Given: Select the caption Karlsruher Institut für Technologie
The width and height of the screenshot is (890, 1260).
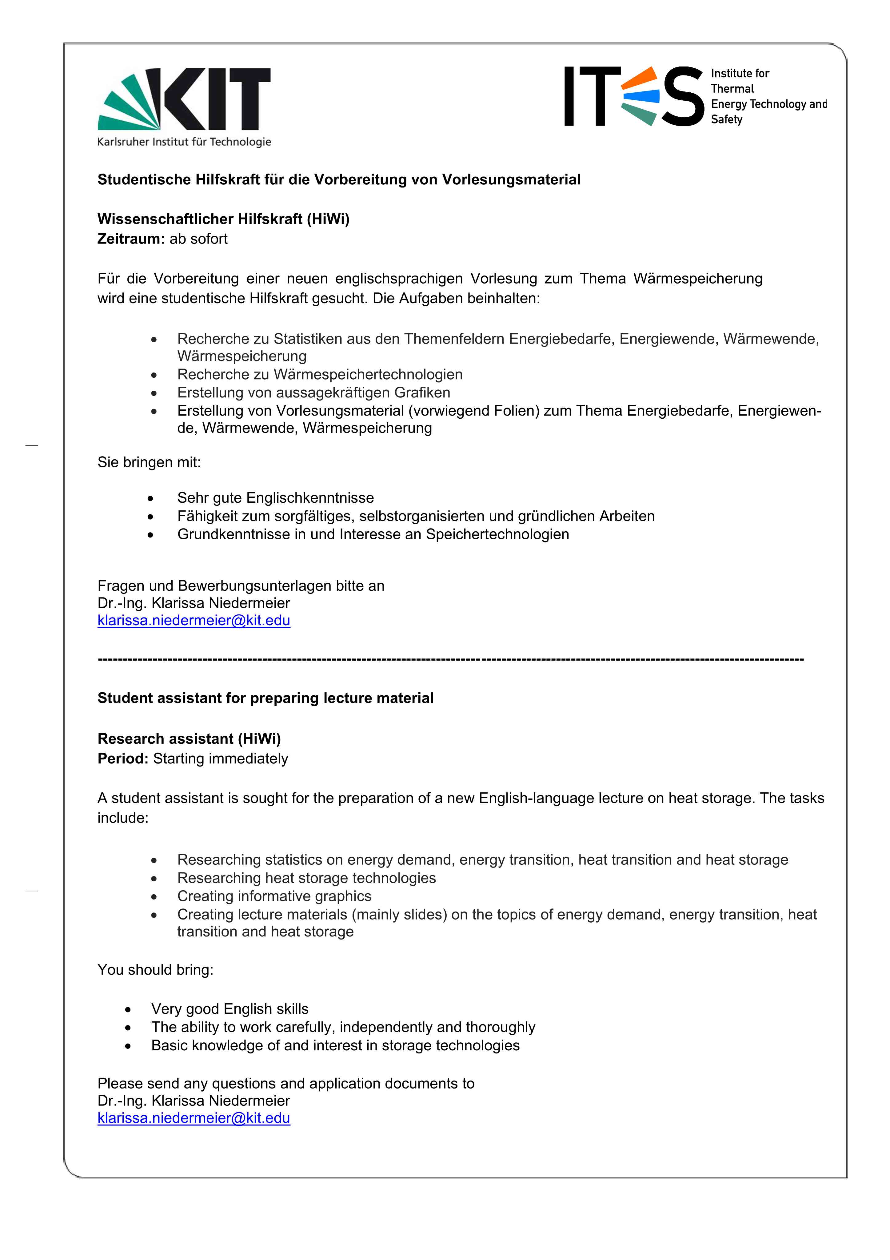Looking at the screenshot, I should (184, 142).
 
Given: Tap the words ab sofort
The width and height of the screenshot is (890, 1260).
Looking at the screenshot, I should (198, 239).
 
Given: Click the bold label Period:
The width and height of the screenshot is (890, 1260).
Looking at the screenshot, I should (123, 759).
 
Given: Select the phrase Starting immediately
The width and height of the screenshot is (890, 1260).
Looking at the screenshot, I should (221, 759).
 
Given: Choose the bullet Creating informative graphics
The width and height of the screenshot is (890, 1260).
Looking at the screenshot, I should (274, 896).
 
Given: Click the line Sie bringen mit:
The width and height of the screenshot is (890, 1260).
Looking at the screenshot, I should (149, 462).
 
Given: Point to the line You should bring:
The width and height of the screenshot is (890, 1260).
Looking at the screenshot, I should (155, 970).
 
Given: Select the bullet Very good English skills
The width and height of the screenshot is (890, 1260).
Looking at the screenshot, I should (230, 1009).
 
